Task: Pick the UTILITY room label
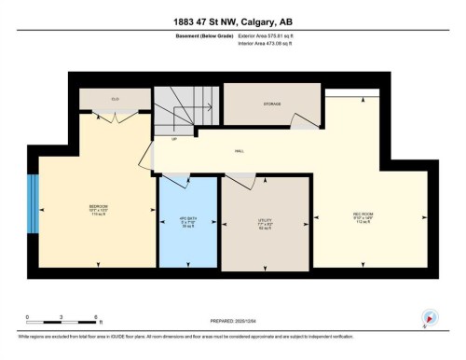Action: pyautogui.click(x=266, y=221)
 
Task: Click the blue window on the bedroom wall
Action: pyautogui.click(x=34, y=204)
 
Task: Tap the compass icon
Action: pyautogui.click(x=431, y=317)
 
